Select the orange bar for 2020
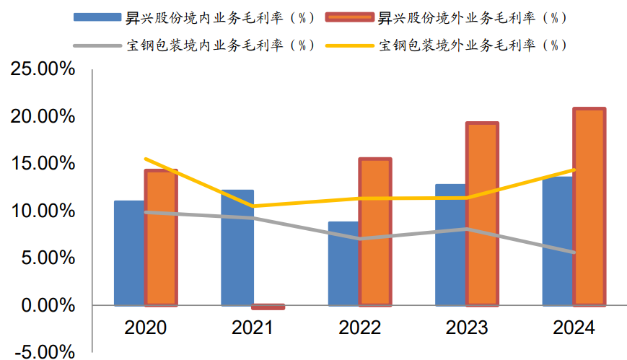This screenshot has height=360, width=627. click(161, 238)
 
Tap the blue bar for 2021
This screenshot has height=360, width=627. click(237, 247)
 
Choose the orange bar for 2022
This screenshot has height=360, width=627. click(375, 232)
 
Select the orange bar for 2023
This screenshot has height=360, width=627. click(481, 214)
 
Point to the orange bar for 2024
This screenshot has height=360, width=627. click(589, 207)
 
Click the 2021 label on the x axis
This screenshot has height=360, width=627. click(253, 328)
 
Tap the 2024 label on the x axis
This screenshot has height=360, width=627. click(574, 328)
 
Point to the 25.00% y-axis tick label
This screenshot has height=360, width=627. click(42, 69)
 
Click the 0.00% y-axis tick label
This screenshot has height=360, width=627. click(46, 305)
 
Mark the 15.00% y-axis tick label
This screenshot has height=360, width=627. click(42, 164)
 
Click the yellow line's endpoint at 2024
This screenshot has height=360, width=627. click(574, 170)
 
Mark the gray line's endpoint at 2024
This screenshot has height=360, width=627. click(574, 253)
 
